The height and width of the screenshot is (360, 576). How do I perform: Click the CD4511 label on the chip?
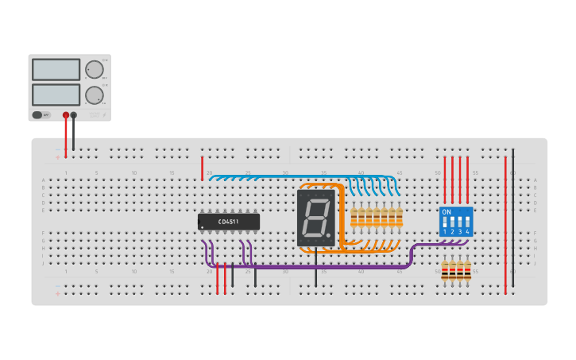coord(228,222)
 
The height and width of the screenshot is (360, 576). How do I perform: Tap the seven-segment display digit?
coord(315,217)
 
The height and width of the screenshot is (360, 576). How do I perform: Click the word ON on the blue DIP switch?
coord(446,212)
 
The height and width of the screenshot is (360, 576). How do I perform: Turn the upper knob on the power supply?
coord(95,69)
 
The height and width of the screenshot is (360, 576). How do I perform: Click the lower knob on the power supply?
coord(95,95)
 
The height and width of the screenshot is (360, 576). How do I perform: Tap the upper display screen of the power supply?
coord(56,70)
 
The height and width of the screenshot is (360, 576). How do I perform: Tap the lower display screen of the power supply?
coord(56,95)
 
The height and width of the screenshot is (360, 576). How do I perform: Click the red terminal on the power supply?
coord(66,115)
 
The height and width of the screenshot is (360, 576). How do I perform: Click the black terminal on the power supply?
coord(74,115)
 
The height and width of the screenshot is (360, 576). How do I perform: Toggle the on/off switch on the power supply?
coord(37,115)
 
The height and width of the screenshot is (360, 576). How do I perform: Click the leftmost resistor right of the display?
coord(354,217)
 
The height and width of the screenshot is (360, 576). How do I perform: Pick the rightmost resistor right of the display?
coord(399,217)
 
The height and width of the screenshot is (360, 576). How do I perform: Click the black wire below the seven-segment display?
coord(315,270)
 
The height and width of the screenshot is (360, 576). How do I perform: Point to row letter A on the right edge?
coord(535,180)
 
